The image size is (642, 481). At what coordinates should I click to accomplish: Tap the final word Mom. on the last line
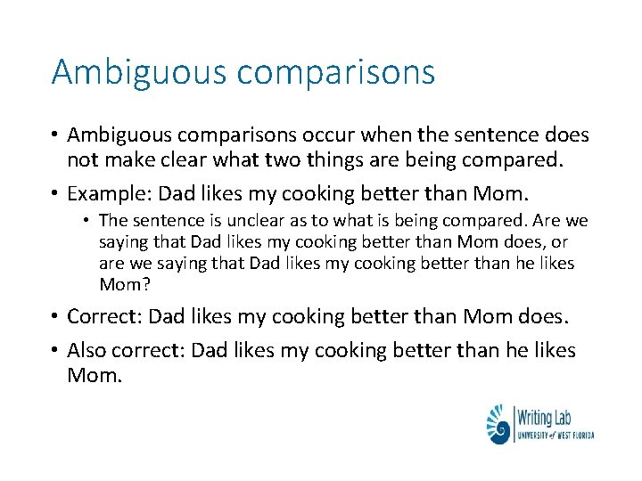click(x=94, y=375)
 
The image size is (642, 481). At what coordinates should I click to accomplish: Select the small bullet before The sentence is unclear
click(x=89, y=220)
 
